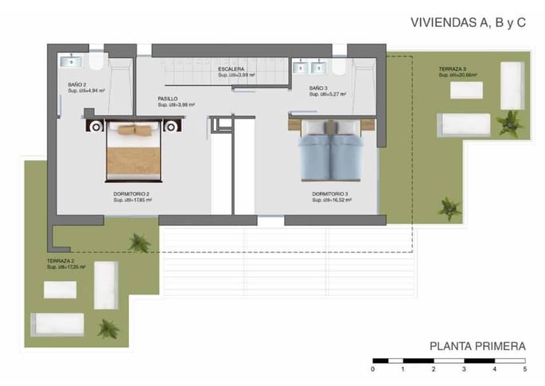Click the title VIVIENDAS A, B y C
click(x=468, y=24)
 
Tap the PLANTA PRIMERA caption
click(x=477, y=346)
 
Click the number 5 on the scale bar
click(x=525, y=369)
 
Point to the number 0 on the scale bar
click(x=373, y=369)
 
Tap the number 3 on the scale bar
click(x=464, y=369)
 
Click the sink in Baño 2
click(x=72, y=60)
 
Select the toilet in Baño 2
click(x=96, y=62)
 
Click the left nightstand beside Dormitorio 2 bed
click(x=96, y=126)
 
